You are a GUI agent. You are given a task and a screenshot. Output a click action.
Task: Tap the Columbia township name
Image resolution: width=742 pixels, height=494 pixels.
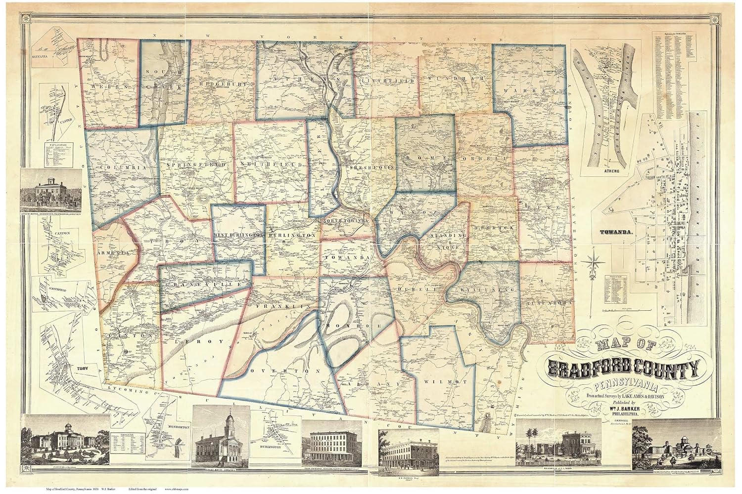[123, 168]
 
